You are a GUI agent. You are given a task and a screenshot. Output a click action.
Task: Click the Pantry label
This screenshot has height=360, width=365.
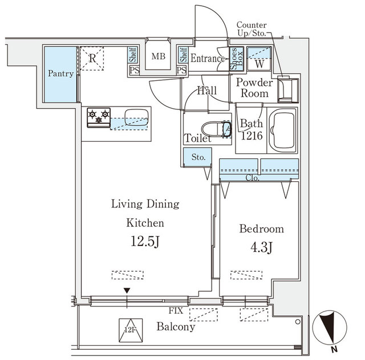(60, 74)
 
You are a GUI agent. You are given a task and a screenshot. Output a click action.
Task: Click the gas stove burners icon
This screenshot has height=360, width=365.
(98, 117)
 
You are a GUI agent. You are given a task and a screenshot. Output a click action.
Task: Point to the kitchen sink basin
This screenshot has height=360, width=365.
(136, 114)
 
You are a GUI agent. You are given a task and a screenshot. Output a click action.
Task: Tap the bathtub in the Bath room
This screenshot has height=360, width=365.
(282, 130)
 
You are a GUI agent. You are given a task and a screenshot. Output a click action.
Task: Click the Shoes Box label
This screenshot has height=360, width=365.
(236, 58)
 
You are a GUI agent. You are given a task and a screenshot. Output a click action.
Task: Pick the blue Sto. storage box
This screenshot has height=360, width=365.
(197, 157)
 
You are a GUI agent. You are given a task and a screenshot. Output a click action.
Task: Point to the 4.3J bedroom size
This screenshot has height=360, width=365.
(261, 248)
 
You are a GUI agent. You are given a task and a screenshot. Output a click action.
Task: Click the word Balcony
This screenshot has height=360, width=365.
(176, 327)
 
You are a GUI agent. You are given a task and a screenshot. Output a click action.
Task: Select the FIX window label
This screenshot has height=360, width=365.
(176, 312)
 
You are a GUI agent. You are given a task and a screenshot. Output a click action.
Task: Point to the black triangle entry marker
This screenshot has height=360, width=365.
(127, 291)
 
